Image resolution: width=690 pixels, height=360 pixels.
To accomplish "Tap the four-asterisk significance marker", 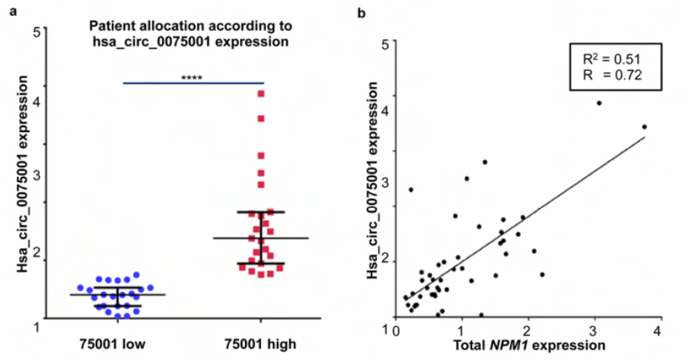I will click(x=192, y=77).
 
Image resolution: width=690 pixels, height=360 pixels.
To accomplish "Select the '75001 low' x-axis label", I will click(x=112, y=344).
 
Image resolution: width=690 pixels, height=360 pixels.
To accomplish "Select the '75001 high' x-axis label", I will click(x=261, y=344).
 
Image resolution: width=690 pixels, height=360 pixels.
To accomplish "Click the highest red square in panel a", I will click(x=261, y=94).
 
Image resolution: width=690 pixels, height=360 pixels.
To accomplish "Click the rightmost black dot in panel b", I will click(x=644, y=127).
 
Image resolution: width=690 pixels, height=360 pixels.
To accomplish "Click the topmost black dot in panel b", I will click(x=599, y=103).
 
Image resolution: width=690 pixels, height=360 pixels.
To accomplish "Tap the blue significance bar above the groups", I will click(x=193, y=83).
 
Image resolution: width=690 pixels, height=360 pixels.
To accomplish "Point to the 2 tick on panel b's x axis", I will click(x=528, y=331).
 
